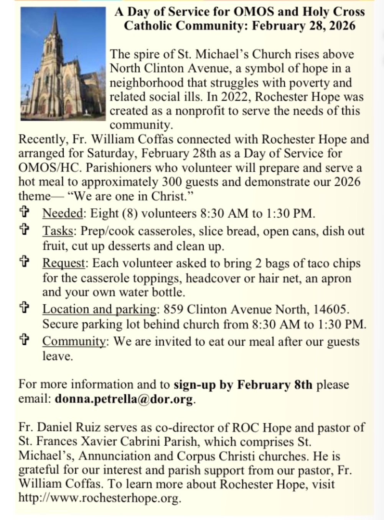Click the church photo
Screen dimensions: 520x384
[63, 64]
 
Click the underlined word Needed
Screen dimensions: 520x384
[63, 213]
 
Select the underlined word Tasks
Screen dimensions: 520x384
[58, 231]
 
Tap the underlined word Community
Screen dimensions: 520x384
[74, 341]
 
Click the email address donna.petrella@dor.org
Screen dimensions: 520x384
[124, 399]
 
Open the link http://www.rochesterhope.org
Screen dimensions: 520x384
[99, 498]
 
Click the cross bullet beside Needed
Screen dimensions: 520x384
[25, 212]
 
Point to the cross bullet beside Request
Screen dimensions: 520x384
[25, 262]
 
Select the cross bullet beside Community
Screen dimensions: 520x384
[25, 340]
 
